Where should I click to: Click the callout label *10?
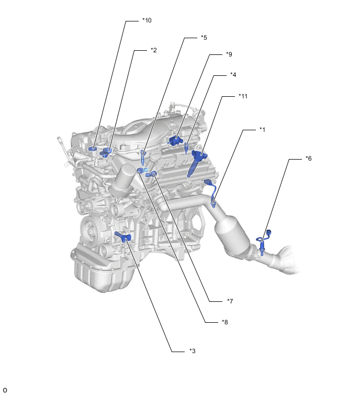click(147, 20)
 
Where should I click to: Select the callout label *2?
click(154, 50)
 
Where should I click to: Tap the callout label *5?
click(204, 38)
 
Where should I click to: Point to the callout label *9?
click(229, 54)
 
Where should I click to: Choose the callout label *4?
click(233, 75)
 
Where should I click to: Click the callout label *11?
click(243, 96)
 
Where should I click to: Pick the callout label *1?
click(262, 129)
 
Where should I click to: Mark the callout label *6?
click(308, 159)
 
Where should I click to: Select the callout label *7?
click(230, 301)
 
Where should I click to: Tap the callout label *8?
click(224, 322)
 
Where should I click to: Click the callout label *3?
click(192, 351)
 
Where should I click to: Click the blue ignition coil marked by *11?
click(197, 163)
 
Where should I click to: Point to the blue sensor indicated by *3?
click(123, 237)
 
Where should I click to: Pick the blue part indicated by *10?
click(93, 149)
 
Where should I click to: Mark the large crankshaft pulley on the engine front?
click(90, 231)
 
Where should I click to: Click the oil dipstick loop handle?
click(60, 139)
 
